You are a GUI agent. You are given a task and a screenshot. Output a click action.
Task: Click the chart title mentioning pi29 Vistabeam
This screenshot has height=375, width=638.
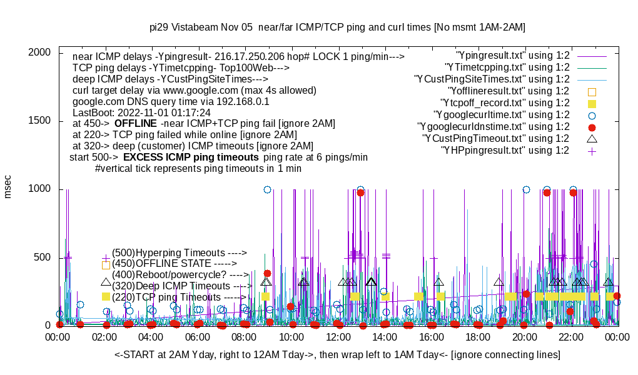pyautogui.click(x=337, y=27)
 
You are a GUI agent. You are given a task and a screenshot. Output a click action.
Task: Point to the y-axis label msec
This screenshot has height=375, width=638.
pyautogui.click(x=8, y=187)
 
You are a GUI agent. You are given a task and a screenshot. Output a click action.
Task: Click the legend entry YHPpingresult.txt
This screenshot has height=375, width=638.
pyautogui.click(x=505, y=151)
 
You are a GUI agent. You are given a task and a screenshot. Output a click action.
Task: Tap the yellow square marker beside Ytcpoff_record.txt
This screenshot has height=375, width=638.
pyautogui.click(x=592, y=103)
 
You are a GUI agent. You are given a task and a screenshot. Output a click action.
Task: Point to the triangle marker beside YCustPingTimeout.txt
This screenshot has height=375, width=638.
pyautogui.click(x=592, y=138)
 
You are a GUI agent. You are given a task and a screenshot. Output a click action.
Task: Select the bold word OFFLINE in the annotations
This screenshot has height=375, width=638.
pyautogui.click(x=135, y=124)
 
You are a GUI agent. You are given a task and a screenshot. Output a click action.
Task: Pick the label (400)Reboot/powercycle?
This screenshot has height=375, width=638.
pyautogui.click(x=180, y=274)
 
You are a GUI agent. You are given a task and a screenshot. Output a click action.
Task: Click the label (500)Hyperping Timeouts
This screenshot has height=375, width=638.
pyautogui.click(x=179, y=252)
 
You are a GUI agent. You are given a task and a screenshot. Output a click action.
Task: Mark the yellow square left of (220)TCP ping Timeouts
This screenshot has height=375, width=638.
pyautogui.click(x=106, y=297)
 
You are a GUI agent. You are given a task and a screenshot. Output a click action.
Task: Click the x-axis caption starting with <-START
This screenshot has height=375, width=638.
pyautogui.click(x=337, y=355)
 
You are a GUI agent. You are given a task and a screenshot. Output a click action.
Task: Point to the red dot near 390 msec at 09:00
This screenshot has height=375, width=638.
pyautogui.click(x=267, y=273)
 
